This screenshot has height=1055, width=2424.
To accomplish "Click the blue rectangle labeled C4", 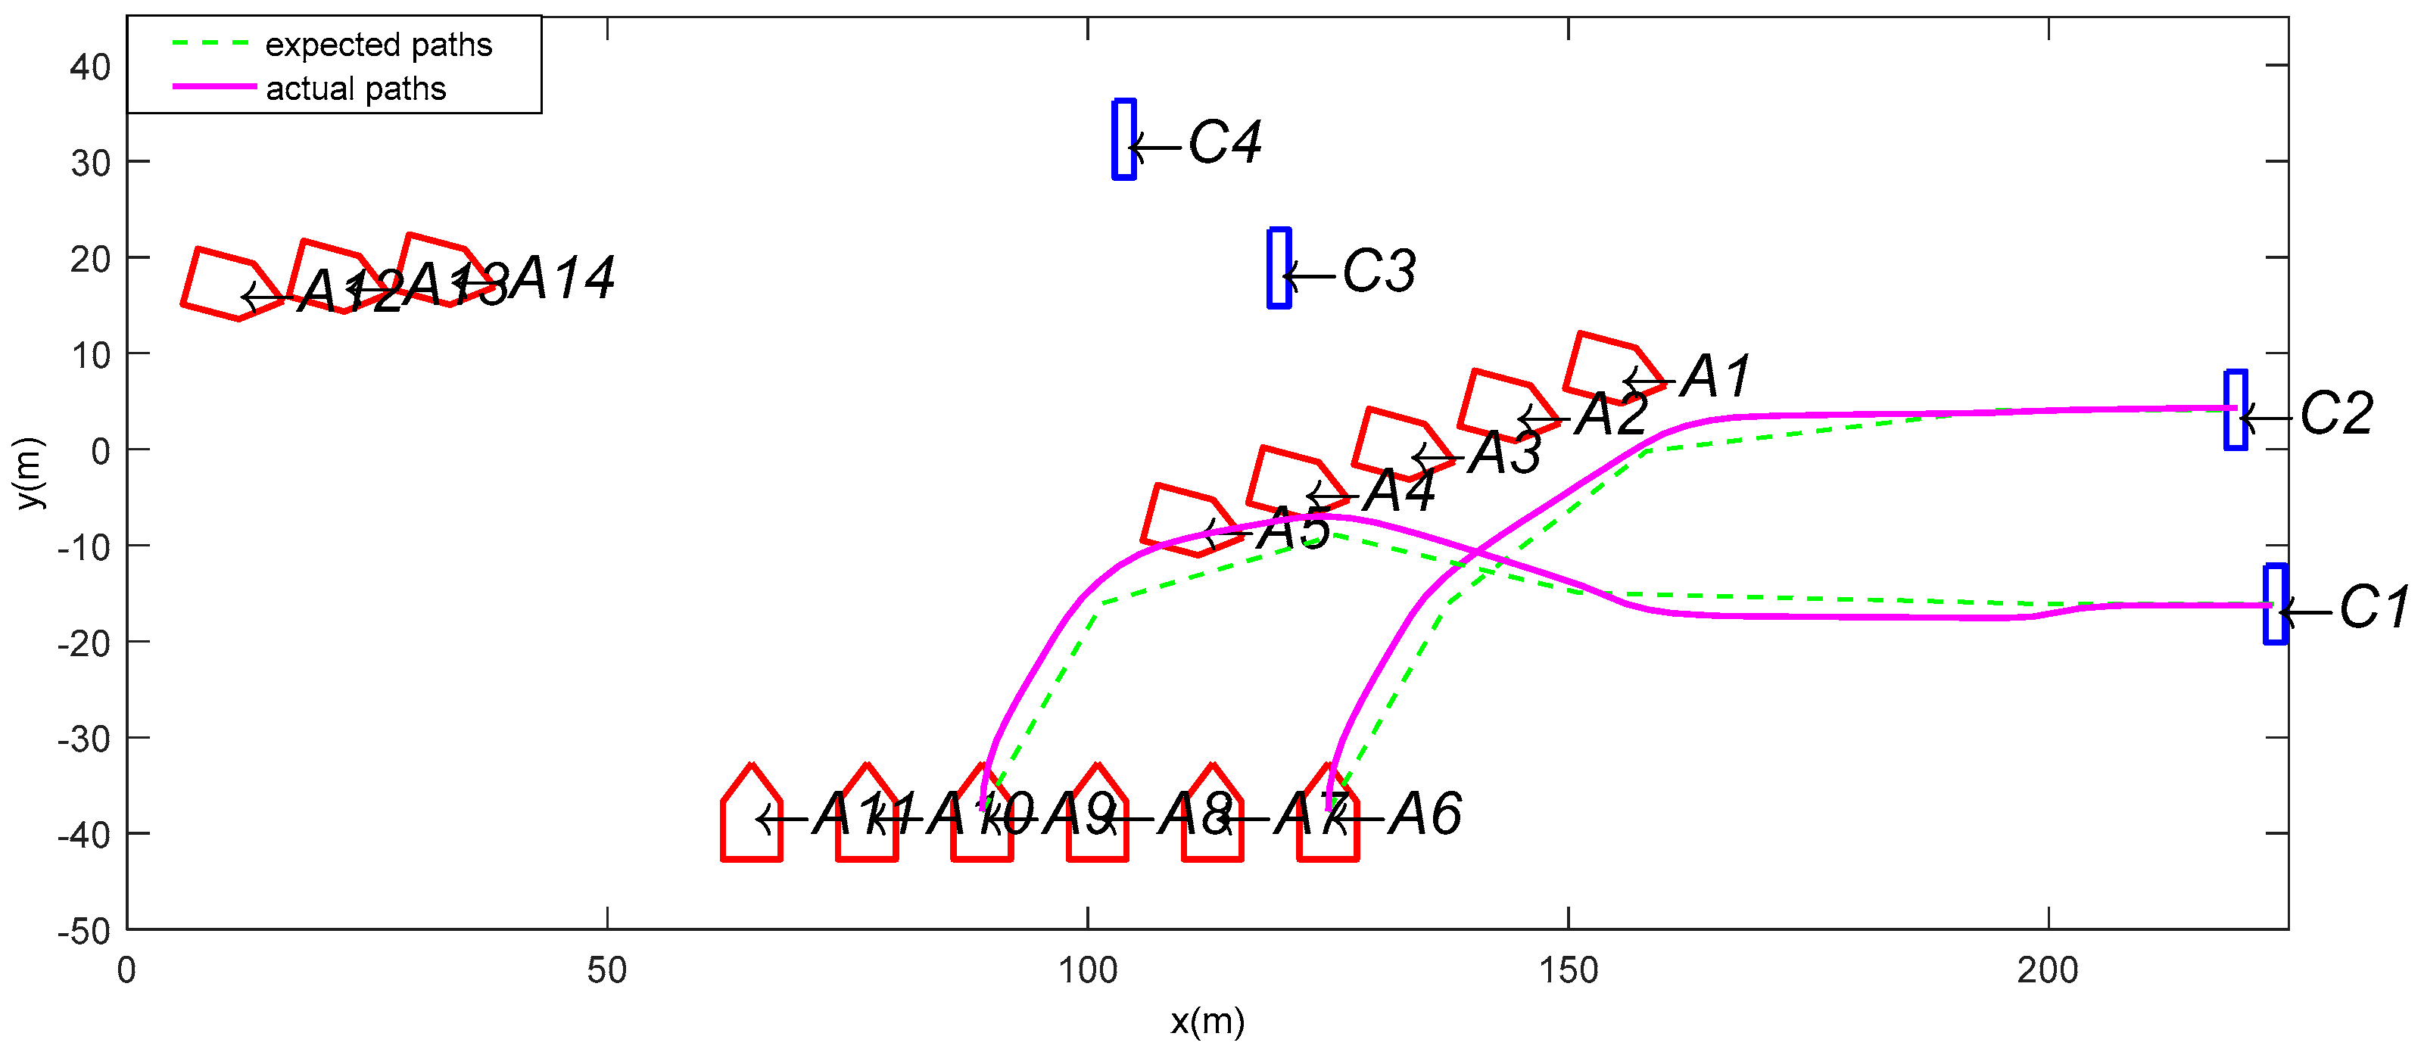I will [x=1123, y=139].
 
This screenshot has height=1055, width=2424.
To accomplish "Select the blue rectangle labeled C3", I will [x=1279, y=268].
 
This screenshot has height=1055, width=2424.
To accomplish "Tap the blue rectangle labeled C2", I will [x=2236, y=410].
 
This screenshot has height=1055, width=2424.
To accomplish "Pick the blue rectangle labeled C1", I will [x=2276, y=604].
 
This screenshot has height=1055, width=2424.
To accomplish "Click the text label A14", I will [x=562, y=279].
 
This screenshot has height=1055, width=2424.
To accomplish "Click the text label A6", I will [x=1425, y=814].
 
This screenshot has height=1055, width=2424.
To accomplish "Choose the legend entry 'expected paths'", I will [x=379, y=44].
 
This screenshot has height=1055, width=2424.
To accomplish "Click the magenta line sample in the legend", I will [x=214, y=86].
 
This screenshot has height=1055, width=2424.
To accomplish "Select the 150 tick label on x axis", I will [x=1568, y=970].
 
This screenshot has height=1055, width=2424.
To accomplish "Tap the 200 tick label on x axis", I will [x=2048, y=970].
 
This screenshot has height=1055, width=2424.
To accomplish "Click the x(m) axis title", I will [x=1207, y=1021].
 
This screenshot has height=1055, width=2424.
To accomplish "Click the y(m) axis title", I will [x=30, y=473].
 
